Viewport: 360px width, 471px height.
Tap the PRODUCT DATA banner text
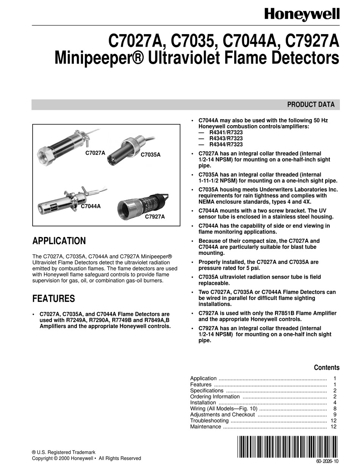click(x=311, y=105)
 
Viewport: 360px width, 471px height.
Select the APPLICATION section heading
click(x=59, y=241)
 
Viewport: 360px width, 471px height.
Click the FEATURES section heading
click(x=53, y=298)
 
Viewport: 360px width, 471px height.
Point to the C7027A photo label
click(x=95, y=153)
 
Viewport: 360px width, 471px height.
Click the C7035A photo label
click(x=150, y=155)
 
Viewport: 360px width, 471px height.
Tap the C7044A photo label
click(x=93, y=207)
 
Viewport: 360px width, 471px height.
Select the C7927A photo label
click(x=155, y=217)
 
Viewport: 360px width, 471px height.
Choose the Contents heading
click(x=327, y=367)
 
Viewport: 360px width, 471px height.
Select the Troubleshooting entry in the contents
click(x=209, y=421)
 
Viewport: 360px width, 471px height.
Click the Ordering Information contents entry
click(x=215, y=396)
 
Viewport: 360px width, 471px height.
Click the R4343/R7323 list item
click(x=226, y=138)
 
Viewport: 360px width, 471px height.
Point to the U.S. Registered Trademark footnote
click(x=64, y=452)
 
